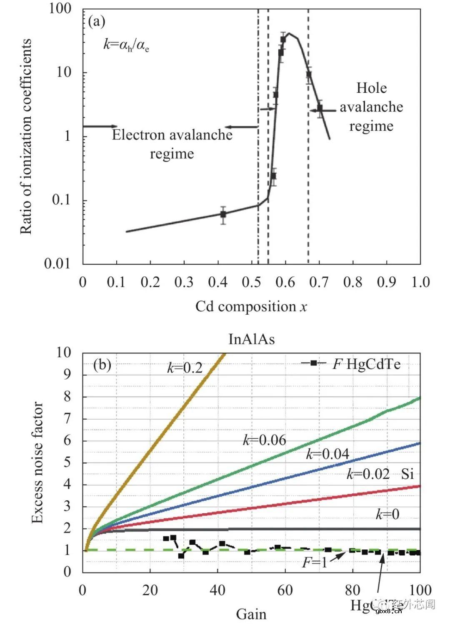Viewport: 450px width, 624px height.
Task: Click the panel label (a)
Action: (97, 21)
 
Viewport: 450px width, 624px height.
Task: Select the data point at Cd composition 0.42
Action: (223, 214)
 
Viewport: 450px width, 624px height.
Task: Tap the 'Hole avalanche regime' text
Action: (371, 107)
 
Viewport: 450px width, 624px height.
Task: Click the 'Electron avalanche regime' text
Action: (172, 144)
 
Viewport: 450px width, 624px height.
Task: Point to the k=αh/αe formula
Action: (126, 45)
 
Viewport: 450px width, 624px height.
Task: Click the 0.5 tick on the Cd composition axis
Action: (252, 282)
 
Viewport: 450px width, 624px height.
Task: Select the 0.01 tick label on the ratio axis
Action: (57, 263)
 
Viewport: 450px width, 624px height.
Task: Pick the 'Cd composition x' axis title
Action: (251, 307)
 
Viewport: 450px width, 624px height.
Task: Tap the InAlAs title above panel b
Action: (252, 339)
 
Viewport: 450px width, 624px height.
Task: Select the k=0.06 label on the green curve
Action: (265, 440)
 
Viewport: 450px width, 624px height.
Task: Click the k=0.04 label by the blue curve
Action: (327, 454)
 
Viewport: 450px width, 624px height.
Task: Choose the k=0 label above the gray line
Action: (387, 515)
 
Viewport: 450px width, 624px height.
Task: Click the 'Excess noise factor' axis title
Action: (37, 462)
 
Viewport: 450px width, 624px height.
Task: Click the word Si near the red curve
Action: (407, 474)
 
